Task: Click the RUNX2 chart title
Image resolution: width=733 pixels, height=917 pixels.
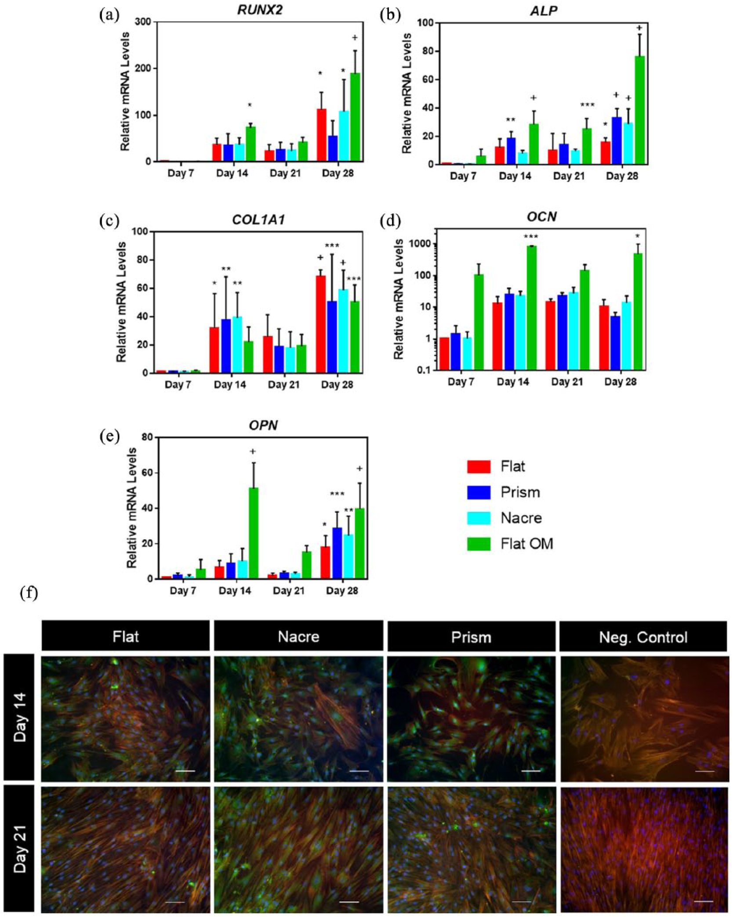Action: pyautogui.click(x=260, y=10)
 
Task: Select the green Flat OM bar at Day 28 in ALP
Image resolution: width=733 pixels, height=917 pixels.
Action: pyautogui.click(x=640, y=110)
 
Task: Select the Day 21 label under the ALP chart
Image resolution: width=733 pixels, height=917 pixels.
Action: pyautogui.click(x=569, y=176)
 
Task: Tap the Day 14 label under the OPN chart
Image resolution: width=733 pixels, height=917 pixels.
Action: pyautogui.click(x=235, y=591)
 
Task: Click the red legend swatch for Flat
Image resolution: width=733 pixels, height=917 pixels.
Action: pyautogui.click(x=479, y=466)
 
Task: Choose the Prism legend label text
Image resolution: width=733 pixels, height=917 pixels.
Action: pyautogui.click(x=520, y=492)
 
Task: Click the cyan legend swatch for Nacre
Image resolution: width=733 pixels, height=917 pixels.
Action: pyautogui.click(x=479, y=518)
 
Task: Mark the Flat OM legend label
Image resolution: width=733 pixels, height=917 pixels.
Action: pyautogui.click(x=526, y=544)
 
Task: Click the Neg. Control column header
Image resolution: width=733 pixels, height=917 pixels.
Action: pyautogui.click(x=643, y=637)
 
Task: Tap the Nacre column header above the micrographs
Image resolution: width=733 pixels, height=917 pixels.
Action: pyautogui.click(x=298, y=636)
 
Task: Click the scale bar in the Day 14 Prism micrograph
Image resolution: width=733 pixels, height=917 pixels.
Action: pyautogui.click(x=530, y=771)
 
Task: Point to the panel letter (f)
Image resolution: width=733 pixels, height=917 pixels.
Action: pyautogui.click(x=29, y=593)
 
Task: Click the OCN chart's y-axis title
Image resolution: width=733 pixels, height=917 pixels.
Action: pyautogui.click(x=399, y=299)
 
